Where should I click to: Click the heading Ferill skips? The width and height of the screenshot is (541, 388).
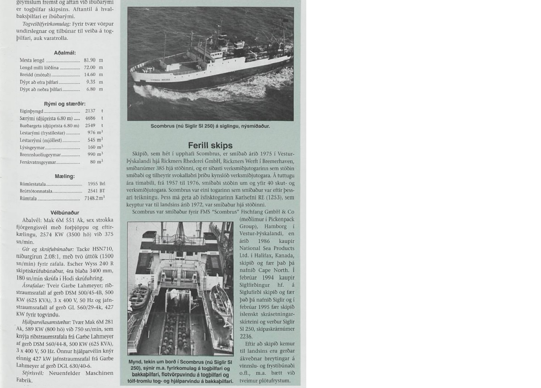[210, 146]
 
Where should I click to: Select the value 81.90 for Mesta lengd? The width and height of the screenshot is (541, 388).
[90, 60]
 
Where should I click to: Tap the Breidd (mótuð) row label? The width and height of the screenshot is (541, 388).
[35, 75]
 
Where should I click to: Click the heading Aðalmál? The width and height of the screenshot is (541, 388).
[65, 53]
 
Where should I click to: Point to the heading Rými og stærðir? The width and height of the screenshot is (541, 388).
[65, 104]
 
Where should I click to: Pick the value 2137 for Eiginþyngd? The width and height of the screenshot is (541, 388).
[90, 111]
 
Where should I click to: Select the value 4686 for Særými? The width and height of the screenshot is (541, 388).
[90, 118]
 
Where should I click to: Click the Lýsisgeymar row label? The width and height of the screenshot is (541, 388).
[32, 148]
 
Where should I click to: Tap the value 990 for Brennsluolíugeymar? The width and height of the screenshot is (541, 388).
[91, 155]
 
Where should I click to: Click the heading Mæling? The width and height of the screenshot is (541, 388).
[65, 176]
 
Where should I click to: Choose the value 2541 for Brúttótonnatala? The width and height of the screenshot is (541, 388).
[93, 191]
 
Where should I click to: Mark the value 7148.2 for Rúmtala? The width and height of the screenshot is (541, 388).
[93, 198]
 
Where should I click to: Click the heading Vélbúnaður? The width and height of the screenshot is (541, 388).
[65, 213]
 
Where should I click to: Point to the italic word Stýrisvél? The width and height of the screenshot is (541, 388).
[33, 373]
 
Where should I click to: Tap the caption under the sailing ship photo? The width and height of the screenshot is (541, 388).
[210, 126]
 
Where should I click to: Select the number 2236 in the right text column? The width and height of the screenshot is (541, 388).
[246, 336]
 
